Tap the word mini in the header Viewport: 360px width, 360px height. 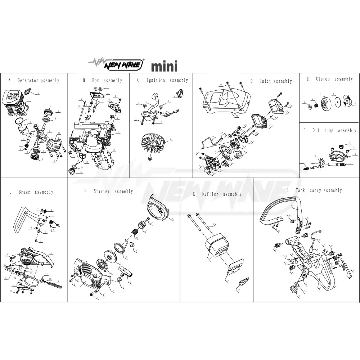pos(164,67)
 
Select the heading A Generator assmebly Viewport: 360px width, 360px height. pos(34,81)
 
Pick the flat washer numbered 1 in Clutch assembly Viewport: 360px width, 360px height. pos(310,107)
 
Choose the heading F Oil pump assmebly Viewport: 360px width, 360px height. pos(330,130)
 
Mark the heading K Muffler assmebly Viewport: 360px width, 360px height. pos(217,194)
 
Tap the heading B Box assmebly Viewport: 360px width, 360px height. pos(103,81)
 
